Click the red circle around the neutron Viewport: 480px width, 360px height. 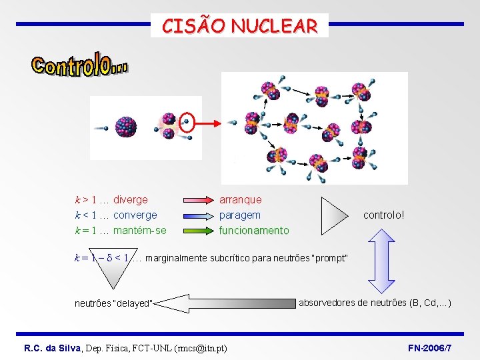point(188,123)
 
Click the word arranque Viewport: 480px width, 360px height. point(241,199)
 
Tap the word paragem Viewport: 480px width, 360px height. point(240,215)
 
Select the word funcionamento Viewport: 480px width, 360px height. point(254,231)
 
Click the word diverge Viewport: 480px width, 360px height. point(131,199)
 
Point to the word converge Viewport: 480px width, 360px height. point(135,215)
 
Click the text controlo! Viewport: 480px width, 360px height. point(383,215)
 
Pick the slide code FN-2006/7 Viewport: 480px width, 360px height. point(429,349)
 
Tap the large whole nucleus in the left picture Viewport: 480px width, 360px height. point(125,127)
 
